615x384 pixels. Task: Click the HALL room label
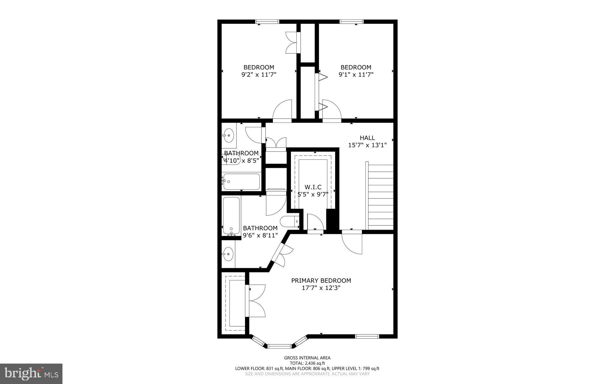pyautogui.click(x=367, y=138)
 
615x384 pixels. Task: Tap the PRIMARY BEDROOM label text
pyautogui.click(x=321, y=281)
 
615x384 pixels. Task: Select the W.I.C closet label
pyautogui.click(x=313, y=187)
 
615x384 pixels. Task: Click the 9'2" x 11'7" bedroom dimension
pyautogui.click(x=259, y=74)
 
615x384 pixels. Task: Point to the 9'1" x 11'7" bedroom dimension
pyautogui.click(x=356, y=74)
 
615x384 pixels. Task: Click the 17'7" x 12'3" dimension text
pyautogui.click(x=321, y=288)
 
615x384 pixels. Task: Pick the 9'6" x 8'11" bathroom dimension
pyautogui.click(x=260, y=235)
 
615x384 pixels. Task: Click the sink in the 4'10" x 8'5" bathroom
pyautogui.click(x=229, y=135)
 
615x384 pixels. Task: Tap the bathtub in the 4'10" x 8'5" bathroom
pyautogui.click(x=241, y=182)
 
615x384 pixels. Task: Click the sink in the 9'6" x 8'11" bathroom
pyautogui.click(x=228, y=254)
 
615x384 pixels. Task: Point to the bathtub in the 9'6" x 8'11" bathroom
pyautogui.click(x=231, y=216)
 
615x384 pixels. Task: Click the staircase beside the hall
pyautogui.click(x=379, y=195)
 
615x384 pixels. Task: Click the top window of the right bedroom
pyautogui.click(x=352, y=22)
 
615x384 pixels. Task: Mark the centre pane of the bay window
pyautogui.click(x=279, y=346)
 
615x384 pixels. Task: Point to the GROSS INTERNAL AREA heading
pyautogui.click(x=307, y=358)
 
